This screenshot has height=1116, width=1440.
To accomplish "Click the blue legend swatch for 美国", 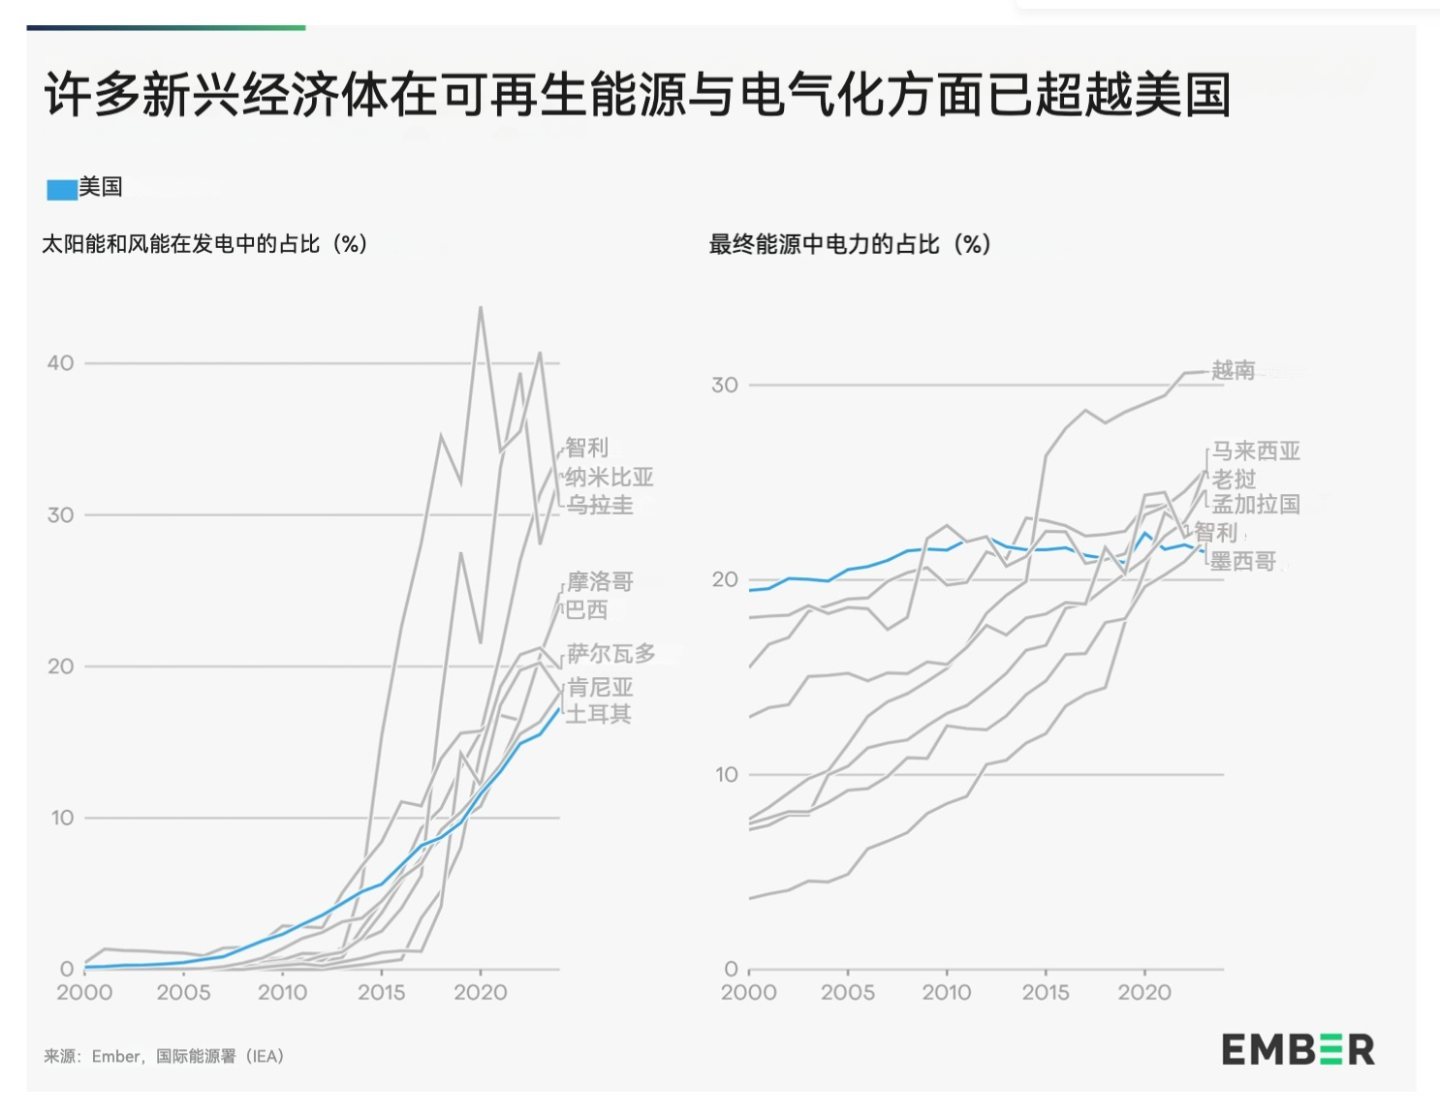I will [62, 189].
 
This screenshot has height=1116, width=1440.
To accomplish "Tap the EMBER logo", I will [1297, 1049].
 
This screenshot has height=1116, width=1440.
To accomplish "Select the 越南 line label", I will [1233, 370].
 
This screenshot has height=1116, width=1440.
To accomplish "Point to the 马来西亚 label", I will [1256, 450].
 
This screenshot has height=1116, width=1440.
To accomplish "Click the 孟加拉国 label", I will [1256, 504].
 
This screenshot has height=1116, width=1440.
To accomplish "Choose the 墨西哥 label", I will [1243, 561].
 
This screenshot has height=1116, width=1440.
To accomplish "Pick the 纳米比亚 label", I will [609, 477].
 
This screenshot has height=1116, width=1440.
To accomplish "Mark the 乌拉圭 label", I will [600, 505].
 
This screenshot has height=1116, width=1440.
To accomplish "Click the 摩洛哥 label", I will [600, 581].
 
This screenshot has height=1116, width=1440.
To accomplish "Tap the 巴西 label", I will [587, 609].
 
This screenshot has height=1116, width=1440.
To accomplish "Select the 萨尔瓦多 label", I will [611, 654].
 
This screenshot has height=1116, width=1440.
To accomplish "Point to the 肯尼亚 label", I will [600, 688].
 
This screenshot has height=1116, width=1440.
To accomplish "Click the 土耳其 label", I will [599, 714].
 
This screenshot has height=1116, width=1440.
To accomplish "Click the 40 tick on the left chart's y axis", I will [60, 363].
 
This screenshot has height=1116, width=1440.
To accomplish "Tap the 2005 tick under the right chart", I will [848, 992].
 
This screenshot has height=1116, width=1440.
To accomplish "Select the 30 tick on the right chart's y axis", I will [724, 386].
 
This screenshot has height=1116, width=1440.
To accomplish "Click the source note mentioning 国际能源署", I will [164, 1056].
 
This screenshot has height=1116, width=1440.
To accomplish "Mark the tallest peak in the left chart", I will [481, 308].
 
